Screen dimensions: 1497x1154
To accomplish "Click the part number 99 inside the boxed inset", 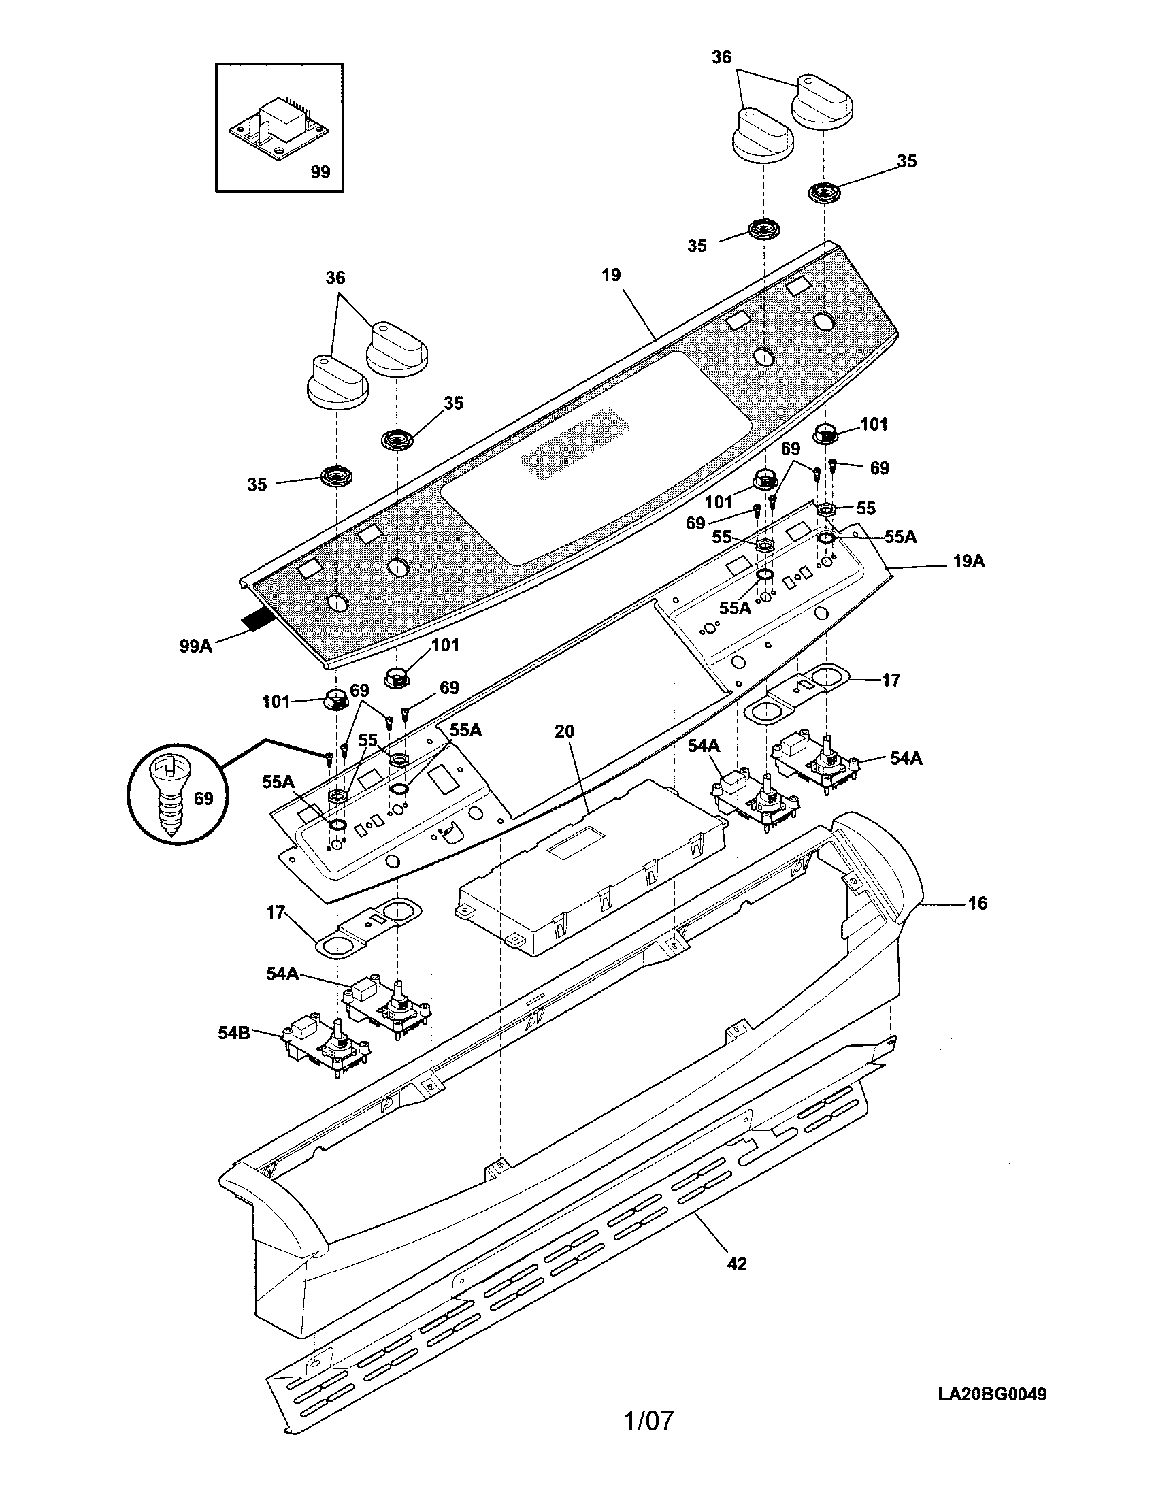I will click(x=320, y=172).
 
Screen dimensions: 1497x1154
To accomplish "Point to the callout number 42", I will click(x=736, y=1264).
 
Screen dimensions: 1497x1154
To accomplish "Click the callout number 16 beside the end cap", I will click(x=978, y=904).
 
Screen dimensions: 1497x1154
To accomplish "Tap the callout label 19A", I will click(x=968, y=561).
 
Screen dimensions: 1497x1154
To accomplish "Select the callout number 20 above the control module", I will click(x=564, y=731).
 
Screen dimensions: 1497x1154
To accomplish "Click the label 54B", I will click(x=234, y=1032).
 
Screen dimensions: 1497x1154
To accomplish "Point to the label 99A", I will click(x=196, y=646).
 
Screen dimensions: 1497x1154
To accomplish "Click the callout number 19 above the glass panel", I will click(x=611, y=275).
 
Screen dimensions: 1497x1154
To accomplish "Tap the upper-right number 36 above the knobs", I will click(x=721, y=58).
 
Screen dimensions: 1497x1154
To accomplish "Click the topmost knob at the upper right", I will click(x=823, y=101).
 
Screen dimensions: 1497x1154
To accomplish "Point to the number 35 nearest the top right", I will click(x=906, y=161).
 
